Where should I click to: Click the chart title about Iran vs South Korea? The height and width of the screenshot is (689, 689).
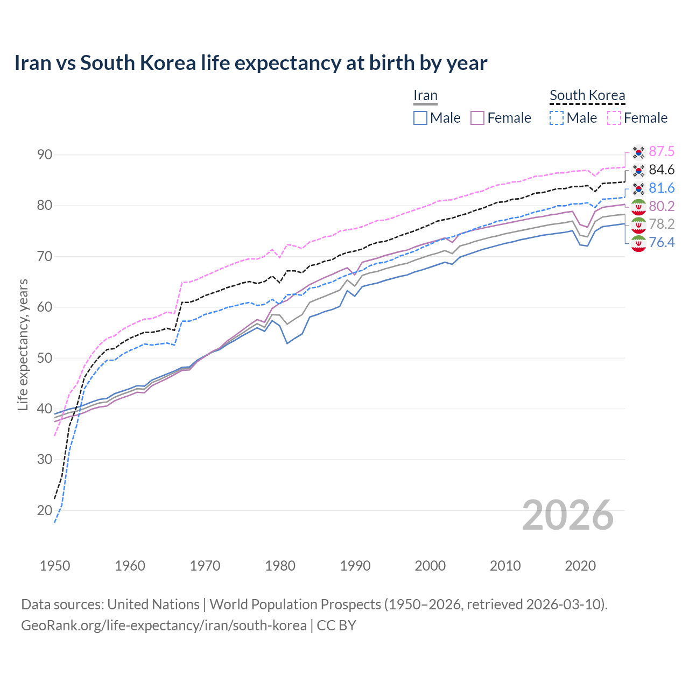click(x=250, y=63)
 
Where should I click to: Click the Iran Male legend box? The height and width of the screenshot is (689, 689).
click(x=420, y=118)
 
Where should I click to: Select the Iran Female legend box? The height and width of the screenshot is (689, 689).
click(x=477, y=118)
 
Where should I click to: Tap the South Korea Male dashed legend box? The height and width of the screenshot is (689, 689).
click(x=557, y=118)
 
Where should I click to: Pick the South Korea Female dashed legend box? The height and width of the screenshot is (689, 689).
click(x=614, y=118)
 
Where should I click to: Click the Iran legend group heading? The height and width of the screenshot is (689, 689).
click(x=425, y=96)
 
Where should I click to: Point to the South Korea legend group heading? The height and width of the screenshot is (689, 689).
click(x=587, y=96)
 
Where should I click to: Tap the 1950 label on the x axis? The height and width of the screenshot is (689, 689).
click(x=55, y=566)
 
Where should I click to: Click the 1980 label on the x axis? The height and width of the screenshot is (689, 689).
click(x=280, y=566)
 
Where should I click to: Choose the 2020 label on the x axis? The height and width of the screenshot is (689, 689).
click(x=580, y=566)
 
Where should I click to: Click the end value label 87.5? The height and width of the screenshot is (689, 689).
click(x=662, y=151)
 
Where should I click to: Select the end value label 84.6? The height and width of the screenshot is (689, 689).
click(x=662, y=170)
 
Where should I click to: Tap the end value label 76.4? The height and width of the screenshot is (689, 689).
click(x=662, y=242)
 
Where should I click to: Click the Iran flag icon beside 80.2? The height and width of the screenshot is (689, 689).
click(x=638, y=207)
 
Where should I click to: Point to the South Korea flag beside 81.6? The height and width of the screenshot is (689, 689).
click(x=638, y=188)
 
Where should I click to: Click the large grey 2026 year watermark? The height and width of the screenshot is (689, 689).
click(x=568, y=515)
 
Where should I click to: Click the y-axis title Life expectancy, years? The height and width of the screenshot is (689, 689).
click(x=23, y=344)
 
